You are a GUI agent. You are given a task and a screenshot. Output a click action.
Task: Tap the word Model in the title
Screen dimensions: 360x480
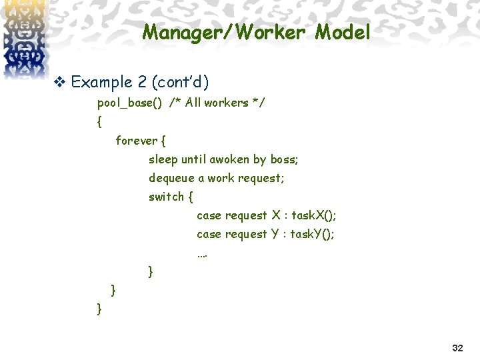pos(343,32)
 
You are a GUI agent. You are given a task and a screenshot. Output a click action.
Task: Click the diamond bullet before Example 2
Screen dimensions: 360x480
pos(59,83)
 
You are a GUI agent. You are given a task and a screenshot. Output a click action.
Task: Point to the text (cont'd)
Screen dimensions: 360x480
pos(181,82)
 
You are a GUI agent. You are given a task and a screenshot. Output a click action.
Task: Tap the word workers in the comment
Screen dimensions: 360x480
pos(226,103)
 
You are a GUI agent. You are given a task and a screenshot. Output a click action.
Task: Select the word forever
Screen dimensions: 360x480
pos(137,141)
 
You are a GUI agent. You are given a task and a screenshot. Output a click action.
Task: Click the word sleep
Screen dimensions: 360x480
pos(163,160)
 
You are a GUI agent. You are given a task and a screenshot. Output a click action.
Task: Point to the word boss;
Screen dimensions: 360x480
pos(283,159)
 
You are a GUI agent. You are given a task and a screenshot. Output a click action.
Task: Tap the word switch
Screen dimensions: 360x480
pos(166,197)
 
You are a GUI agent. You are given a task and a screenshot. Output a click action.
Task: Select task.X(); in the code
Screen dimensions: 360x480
pos(313,215)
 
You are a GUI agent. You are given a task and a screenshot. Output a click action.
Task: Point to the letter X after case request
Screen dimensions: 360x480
pos(276,215)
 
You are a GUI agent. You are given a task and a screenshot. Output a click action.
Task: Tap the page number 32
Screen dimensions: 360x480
pos(457,348)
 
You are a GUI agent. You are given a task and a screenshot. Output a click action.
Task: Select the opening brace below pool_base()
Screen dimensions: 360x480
pos(100,122)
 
